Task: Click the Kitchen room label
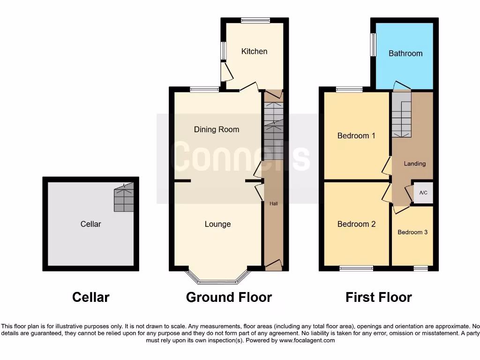coord(254,51)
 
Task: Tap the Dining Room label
coord(217,129)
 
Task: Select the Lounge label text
coord(217,224)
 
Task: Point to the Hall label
coord(274,204)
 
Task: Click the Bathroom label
coord(405,53)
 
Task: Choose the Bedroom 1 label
coord(356,136)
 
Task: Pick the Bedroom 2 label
coord(356,224)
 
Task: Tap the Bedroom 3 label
coord(412,232)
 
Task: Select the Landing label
coord(415,164)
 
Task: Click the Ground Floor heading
coord(229,297)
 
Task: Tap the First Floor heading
coord(379,297)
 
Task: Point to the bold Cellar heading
coord(91,297)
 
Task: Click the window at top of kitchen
coord(255,20)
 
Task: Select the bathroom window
coord(373,45)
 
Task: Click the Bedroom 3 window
coord(420,268)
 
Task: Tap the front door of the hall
coord(274,265)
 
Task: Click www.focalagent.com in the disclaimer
coord(307,340)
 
